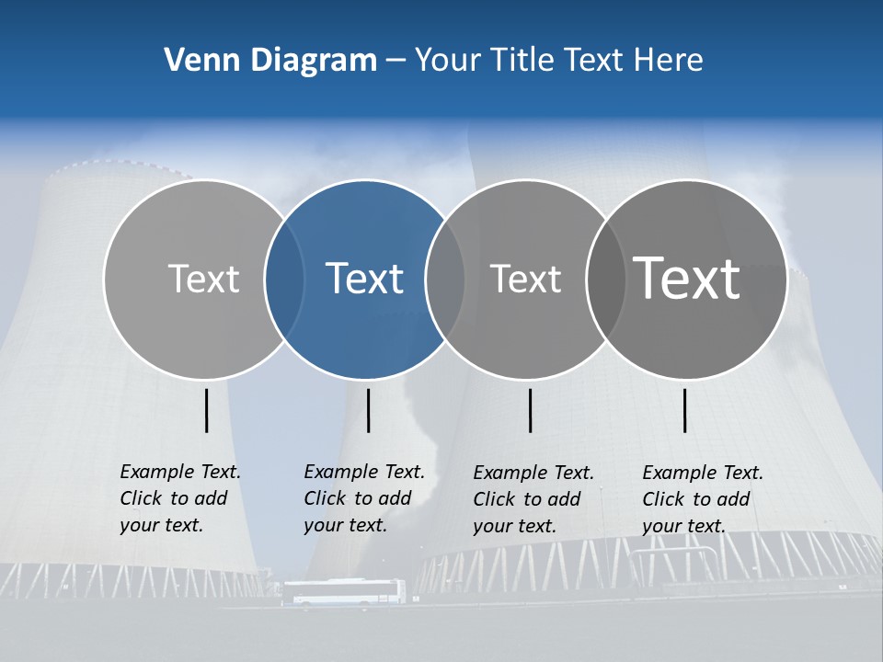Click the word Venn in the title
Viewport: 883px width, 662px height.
point(196,61)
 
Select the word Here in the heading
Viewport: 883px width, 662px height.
point(669,61)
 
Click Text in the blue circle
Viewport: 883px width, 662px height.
point(365,279)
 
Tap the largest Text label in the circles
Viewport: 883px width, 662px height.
point(687,278)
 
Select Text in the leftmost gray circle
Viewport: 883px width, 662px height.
point(203,279)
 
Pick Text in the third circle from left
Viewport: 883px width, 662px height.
point(525,279)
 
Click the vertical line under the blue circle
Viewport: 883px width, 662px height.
point(368,410)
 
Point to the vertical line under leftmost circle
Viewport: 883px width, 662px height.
point(206,410)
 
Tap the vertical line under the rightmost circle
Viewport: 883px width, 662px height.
point(685,410)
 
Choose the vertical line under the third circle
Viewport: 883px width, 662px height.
point(531,410)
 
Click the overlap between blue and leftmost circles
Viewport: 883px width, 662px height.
point(284,280)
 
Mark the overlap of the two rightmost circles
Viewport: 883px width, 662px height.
point(606,280)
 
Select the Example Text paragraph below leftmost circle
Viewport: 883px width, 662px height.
point(179,498)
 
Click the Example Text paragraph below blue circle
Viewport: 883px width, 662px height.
point(363,498)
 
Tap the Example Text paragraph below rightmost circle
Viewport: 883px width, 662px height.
point(702,499)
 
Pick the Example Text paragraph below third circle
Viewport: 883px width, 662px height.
point(533,499)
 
